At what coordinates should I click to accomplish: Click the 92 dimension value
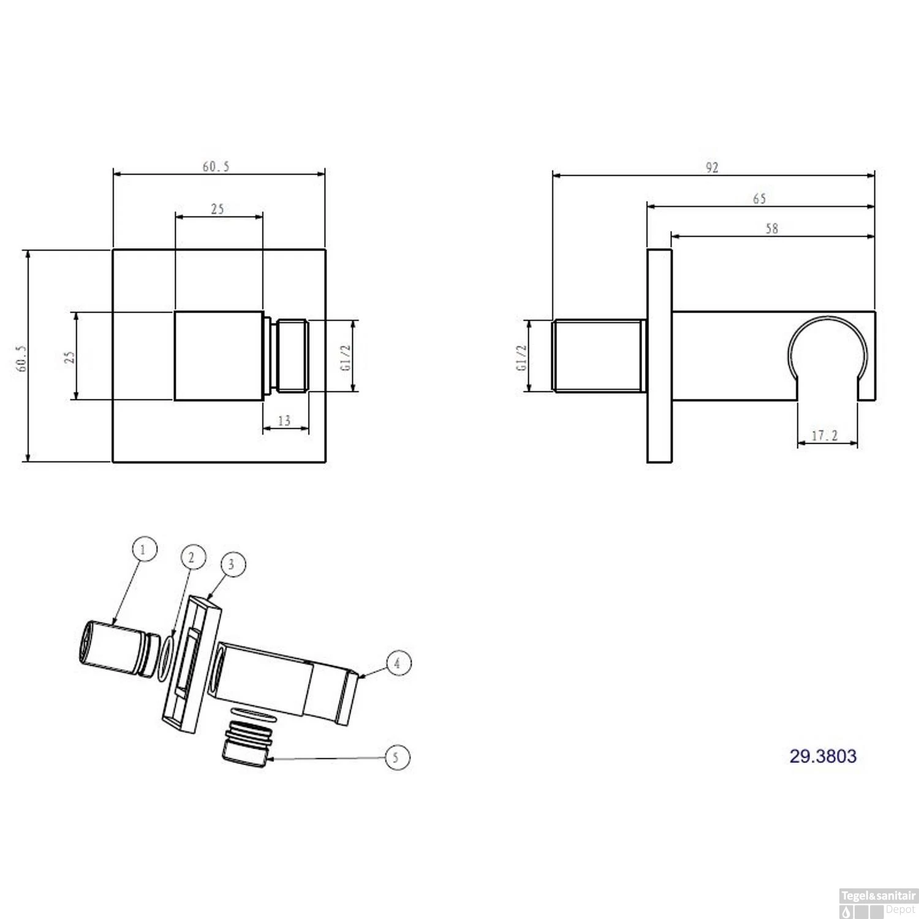click(x=711, y=167)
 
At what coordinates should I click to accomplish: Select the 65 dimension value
click(x=759, y=199)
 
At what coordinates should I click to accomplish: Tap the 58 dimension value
click(x=771, y=229)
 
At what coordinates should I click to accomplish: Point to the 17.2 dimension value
click(x=825, y=436)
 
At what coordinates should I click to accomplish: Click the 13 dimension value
click(x=284, y=421)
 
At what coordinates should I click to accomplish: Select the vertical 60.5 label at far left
click(x=22, y=358)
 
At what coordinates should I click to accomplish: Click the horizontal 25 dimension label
click(x=217, y=209)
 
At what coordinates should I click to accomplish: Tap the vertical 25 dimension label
click(x=70, y=357)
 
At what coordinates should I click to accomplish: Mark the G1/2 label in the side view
click(x=521, y=357)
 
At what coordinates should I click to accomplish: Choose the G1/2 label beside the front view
click(x=346, y=357)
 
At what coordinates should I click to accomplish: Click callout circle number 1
click(x=143, y=549)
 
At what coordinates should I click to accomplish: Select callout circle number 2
click(x=192, y=557)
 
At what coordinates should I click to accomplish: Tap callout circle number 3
click(x=232, y=564)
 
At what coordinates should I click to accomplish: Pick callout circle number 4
click(x=398, y=663)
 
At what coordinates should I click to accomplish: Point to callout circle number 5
click(x=396, y=757)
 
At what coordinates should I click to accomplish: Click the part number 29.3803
click(x=823, y=756)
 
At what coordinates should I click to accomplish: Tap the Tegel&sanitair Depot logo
click(x=877, y=902)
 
